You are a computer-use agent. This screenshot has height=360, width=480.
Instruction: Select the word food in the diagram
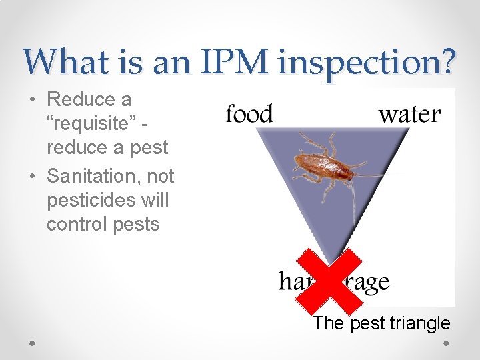click(249, 115)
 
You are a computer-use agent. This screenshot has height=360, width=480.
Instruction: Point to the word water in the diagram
click(409, 115)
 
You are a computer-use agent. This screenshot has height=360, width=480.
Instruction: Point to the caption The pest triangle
click(381, 324)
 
